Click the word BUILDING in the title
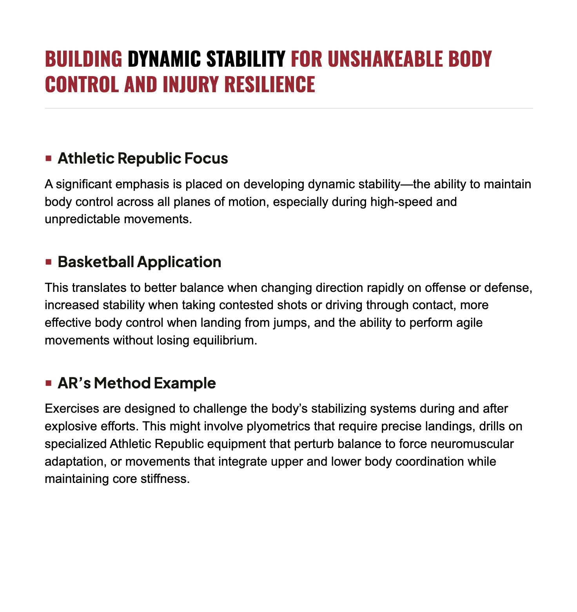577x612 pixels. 83,59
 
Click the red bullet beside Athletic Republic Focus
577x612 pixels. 49,158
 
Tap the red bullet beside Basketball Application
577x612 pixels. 49,262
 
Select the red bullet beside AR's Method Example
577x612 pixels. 49,383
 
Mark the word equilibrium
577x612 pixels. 225,340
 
